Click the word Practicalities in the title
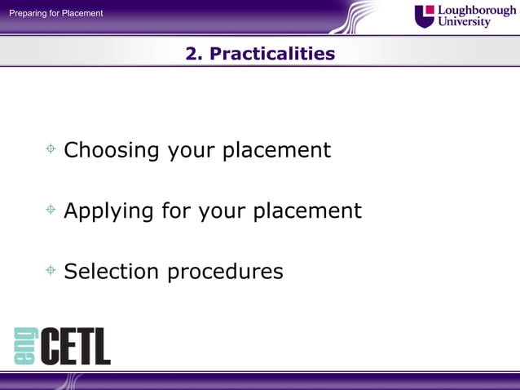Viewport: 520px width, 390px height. coord(272,54)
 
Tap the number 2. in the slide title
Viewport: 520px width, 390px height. coord(194,54)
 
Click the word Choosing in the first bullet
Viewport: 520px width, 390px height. coord(112,151)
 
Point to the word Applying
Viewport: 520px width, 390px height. coord(108,211)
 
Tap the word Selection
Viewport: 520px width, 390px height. coord(112,271)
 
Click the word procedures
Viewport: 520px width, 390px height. coord(225,272)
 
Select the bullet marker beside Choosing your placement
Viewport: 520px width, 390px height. coord(51,149)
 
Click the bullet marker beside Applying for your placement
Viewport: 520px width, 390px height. coord(51,210)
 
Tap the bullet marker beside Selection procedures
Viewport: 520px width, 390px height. coord(51,270)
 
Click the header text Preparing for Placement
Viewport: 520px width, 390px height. coord(56,13)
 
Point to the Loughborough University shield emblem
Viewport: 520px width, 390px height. coord(425,16)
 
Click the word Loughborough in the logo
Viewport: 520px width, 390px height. coord(477,10)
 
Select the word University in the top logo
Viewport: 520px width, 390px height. coord(465,22)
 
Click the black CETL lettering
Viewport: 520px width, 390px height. coord(74,346)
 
